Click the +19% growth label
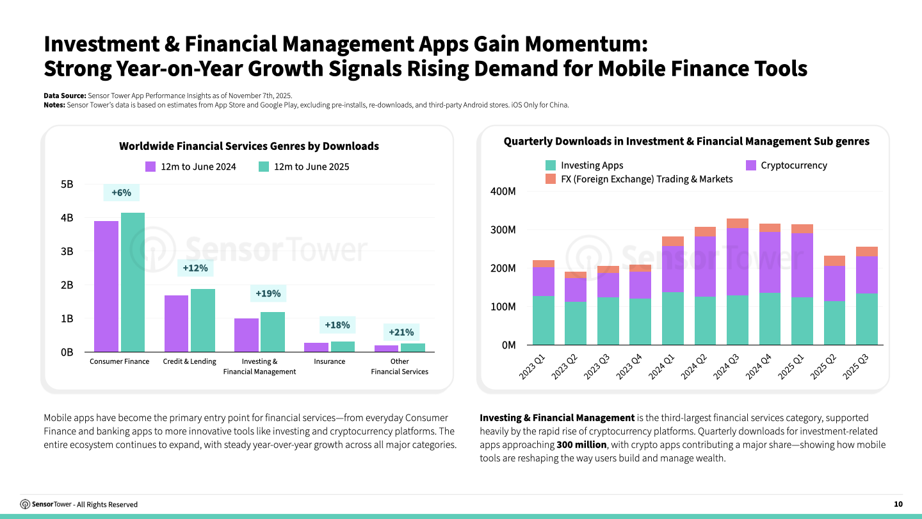pos(268,293)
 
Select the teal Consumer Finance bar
pos(133,282)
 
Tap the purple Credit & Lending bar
pos(176,323)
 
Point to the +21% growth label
pos(401,332)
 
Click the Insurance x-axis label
pos(329,361)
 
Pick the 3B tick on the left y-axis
pos(67,251)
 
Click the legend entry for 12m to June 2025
pos(304,167)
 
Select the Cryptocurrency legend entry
pos(786,165)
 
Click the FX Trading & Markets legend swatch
pos(550,179)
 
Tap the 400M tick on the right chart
pos(503,192)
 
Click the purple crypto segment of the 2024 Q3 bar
pos(737,261)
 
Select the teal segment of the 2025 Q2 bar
pos(834,323)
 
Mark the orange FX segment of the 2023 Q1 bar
pos(543,263)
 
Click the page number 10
pos(898,504)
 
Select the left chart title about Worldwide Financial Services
pos(248,146)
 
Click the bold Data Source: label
pos(65,95)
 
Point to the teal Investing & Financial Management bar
pos(273,331)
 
